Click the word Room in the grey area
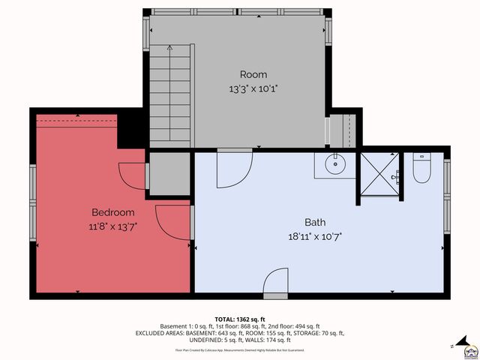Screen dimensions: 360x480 (253, 74)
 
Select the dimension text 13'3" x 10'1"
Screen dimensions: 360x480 (253, 88)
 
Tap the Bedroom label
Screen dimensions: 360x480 (113, 212)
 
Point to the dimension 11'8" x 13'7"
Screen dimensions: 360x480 (113, 225)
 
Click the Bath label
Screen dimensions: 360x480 (315, 222)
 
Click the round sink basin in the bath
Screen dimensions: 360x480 (334, 164)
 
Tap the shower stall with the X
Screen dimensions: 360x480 (380, 174)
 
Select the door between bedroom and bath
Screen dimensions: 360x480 (172, 223)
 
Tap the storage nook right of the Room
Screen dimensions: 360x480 (343, 129)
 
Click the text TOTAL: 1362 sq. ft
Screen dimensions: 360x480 (240, 319)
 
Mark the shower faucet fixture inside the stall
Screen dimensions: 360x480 (397, 177)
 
